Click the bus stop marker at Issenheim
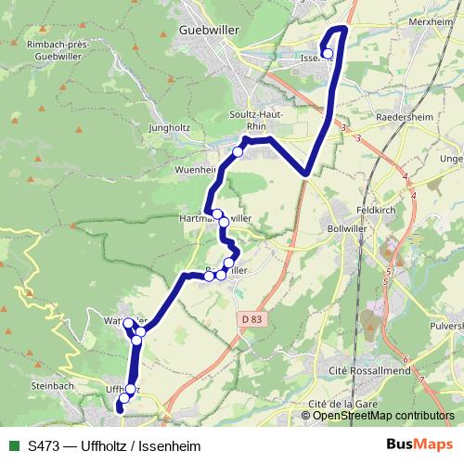coord(327,54)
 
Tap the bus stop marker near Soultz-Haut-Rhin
coord(238,151)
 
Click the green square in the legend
coord(13,445)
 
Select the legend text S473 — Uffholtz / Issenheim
coord(115,445)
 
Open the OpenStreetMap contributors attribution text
coord(384,416)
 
